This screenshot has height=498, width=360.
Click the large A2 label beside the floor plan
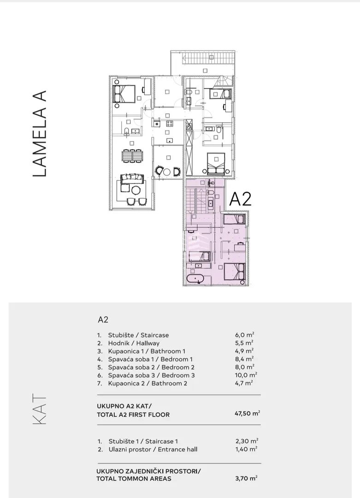point(240,199)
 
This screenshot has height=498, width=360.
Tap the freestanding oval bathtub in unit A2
point(195,279)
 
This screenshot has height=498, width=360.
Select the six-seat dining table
point(132,156)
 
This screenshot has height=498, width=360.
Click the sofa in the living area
point(130,178)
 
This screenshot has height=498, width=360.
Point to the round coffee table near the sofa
point(136,190)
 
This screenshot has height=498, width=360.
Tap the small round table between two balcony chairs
point(167,172)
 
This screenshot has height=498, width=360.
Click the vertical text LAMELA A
point(40,133)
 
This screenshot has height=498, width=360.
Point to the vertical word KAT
point(40,410)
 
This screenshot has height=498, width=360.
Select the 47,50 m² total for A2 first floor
point(248,413)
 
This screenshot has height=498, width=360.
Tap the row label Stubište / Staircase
point(138,335)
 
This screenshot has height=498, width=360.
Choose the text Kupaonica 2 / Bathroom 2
point(148,383)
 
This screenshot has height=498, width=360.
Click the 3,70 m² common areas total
point(246,478)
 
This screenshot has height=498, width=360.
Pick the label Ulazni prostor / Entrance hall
point(153,450)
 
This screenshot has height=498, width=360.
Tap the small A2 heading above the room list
point(103,320)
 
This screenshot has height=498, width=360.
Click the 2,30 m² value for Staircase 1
point(247,441)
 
